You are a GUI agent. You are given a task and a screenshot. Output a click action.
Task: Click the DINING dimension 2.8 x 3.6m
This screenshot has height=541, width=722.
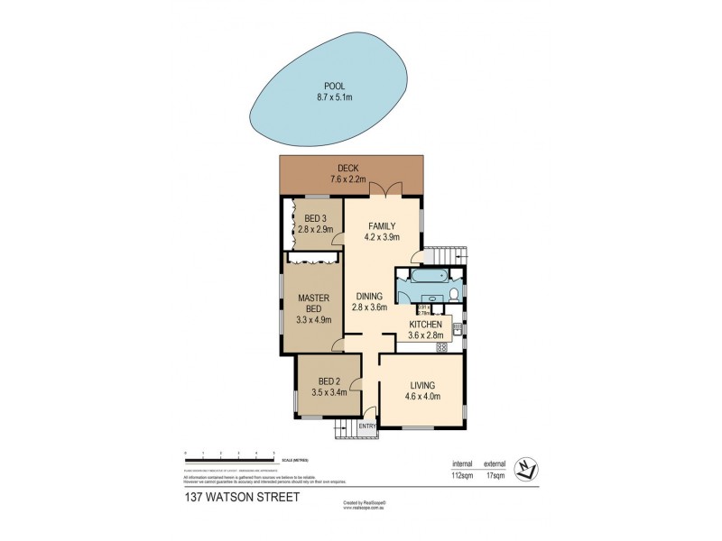(369, 307)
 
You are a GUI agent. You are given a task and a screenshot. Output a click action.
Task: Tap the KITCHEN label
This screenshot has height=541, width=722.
(425, 324)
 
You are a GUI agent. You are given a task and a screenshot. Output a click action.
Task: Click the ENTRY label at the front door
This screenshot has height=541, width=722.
(367, 426)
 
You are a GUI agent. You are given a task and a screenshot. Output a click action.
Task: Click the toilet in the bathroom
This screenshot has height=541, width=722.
(454, 296)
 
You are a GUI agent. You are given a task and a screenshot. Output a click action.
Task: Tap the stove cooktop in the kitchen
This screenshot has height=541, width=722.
(442, 347)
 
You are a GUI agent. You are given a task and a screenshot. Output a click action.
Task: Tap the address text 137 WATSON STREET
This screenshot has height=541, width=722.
(223, 496)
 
